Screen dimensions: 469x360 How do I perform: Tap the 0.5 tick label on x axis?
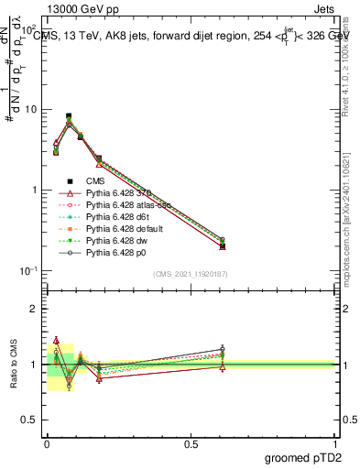pyautogui.click(x=191, y=443)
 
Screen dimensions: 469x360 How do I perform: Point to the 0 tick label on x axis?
pyautogui.click(x=46, y=443)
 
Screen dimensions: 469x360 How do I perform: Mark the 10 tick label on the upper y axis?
pyautogui.click(x=29, y=109)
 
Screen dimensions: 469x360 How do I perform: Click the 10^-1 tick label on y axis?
pyautogui.click(x=27, y=271)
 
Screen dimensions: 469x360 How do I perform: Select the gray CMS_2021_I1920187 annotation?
pyautogui.click(x=191, y=275)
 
